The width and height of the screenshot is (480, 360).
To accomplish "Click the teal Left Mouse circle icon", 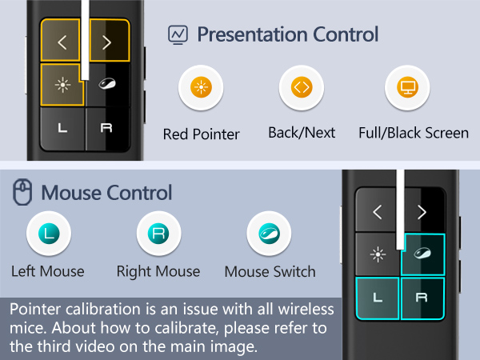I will point(48,234).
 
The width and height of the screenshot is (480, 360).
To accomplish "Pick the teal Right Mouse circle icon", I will point(158,234).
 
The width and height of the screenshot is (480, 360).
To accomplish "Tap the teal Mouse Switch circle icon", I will point(269,234).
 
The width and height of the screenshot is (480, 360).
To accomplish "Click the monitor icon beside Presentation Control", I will point(177,35).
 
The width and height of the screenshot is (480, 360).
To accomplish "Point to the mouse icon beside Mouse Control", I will point(22,193).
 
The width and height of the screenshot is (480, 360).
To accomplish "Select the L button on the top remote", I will point(62,128).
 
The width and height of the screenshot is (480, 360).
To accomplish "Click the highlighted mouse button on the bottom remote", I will point(422,255).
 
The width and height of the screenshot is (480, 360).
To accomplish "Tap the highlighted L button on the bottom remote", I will point(378,298).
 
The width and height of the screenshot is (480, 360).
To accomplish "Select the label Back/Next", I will point(302,133).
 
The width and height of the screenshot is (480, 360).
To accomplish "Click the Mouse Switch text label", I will point(270,272).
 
